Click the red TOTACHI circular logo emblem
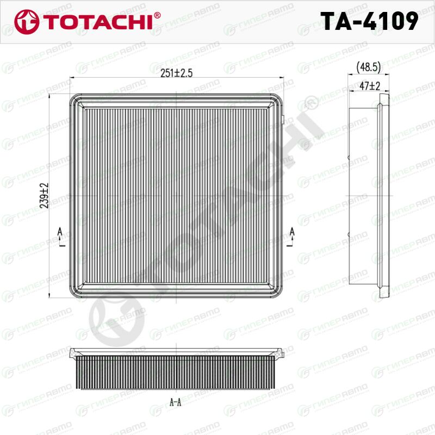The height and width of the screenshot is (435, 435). (x=27, y=22)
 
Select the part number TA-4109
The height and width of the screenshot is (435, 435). (x=369, y=21)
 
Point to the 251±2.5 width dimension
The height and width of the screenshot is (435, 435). (x=176, y=73)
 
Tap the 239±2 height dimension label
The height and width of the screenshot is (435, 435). (x=44, y=196)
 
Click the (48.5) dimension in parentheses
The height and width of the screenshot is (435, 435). (x=369, y=67)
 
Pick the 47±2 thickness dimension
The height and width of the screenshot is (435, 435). (x=370, y=86)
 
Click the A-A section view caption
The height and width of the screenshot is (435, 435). (x=175, y=402)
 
